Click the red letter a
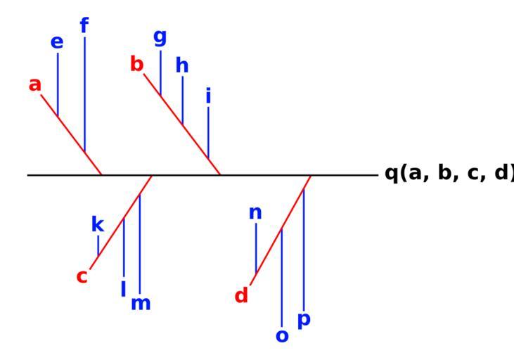click(x=35, y=85)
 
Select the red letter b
click(x=137, y=65)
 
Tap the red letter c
click(x=82, y=276)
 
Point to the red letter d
click(x=241, y=296)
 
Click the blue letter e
click(x=57, y=42)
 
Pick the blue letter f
click(x=84, y=26)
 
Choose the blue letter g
click(x=160, y=37)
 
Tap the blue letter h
click(x=182, y=65)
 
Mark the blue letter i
click(x=208, y=96)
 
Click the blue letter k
click(x=98, y=225)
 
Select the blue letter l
click(x=123, y=288)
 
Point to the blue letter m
click(x=141, y=304)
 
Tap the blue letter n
click(x=255, y=212)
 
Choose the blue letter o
click(x=282, y=336)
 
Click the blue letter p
click(x=304, y=320)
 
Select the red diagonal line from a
click(x=71, y=134)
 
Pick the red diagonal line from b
click(x=182, y=124)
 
